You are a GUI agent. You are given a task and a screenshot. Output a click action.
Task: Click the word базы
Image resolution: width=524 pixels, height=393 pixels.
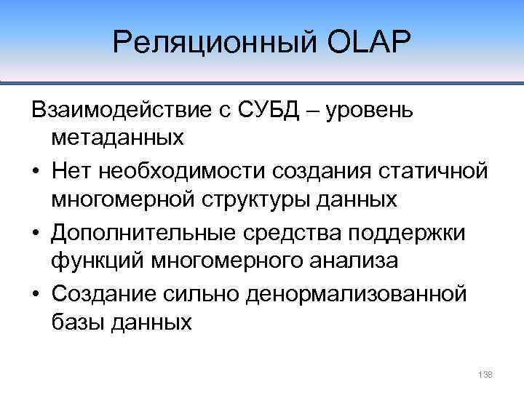point(76,322)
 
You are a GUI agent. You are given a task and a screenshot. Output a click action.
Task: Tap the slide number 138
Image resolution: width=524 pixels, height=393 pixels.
point(485,374)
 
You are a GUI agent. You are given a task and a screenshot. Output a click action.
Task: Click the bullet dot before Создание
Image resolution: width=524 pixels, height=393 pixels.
point(36,295)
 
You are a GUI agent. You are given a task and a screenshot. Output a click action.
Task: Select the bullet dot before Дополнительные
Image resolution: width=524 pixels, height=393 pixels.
point(36,233)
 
